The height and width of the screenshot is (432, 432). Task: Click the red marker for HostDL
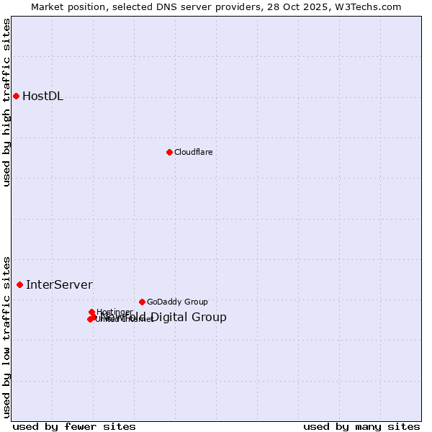16,96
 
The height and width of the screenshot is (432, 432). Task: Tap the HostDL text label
42,96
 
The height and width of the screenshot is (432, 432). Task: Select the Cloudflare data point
169,152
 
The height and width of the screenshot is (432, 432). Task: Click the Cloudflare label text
193,152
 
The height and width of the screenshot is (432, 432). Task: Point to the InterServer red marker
19,284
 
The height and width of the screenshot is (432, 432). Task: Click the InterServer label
59,285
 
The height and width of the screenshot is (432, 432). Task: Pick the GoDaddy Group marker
142,302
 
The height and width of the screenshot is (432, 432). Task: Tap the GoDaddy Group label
177,302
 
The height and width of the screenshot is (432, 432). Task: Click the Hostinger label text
114,312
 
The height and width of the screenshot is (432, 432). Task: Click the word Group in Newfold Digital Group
210,318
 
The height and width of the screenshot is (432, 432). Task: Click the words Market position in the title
64,7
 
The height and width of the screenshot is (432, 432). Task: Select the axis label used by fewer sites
74,426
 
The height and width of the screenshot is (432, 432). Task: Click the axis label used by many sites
361,426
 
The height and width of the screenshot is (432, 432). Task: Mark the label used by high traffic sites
7,102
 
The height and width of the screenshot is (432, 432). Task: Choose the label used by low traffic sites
7,336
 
